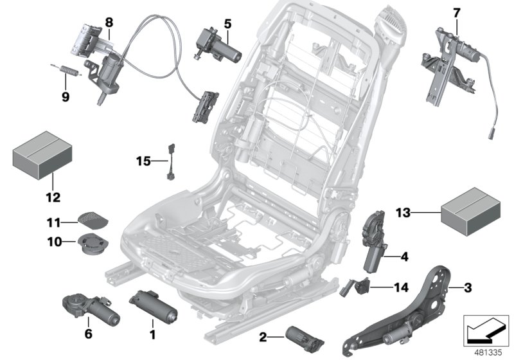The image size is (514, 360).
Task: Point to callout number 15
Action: click(143, 161)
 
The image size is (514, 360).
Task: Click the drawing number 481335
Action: click(487, 352)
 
